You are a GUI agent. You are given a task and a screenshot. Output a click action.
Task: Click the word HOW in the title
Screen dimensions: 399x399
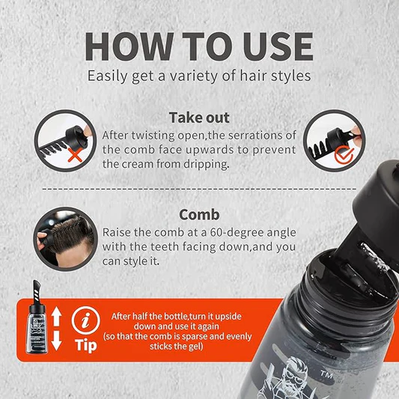coord(130,46)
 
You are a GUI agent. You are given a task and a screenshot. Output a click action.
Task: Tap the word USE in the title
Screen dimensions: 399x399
coord(278,46)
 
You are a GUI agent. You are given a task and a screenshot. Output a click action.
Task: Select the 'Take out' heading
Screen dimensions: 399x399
coord(199,118)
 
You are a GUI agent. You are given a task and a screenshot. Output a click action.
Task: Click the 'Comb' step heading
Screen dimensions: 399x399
coord(199,215)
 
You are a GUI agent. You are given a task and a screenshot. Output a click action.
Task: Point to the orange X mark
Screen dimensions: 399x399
coord(76,155)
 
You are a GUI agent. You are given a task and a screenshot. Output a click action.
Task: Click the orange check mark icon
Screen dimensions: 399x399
coord(344,155)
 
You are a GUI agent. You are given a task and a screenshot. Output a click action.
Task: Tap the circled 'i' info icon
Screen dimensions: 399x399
coord(85,320)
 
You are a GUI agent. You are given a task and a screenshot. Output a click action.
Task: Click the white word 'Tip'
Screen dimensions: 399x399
coord(86,346)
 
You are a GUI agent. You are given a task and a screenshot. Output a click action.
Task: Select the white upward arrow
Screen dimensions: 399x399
coord(56,317)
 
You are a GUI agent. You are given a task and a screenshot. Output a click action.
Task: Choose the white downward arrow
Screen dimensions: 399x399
coord(56,341)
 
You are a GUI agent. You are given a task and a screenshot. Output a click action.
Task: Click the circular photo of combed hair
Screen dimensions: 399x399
coord(65,239)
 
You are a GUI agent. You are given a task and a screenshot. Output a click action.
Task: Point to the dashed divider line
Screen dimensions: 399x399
coord(199,189)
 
